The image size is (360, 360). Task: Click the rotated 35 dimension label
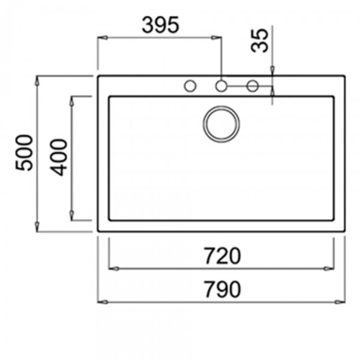pos(259,41)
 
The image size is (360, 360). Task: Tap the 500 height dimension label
pos(24,153)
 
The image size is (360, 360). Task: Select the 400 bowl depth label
pos(59,157)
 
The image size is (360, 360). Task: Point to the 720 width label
pos(221,256)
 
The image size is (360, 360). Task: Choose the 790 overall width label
pos(221,289)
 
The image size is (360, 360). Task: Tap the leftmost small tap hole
pos(190,86)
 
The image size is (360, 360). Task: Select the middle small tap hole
pos(221,86)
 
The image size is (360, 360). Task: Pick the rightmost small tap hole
pos(253,86)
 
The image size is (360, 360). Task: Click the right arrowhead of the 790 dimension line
pos(342,301)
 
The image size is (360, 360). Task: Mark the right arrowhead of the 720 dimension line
pos(331,268)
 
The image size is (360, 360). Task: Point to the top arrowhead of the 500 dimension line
pos(37,80)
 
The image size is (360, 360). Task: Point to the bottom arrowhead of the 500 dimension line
pos(37,228)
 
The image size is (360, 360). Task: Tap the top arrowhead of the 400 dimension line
pos(72,100)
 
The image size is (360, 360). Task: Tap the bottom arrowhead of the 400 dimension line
pos(72,217)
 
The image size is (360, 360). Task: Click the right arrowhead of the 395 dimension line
pos(218,38)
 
